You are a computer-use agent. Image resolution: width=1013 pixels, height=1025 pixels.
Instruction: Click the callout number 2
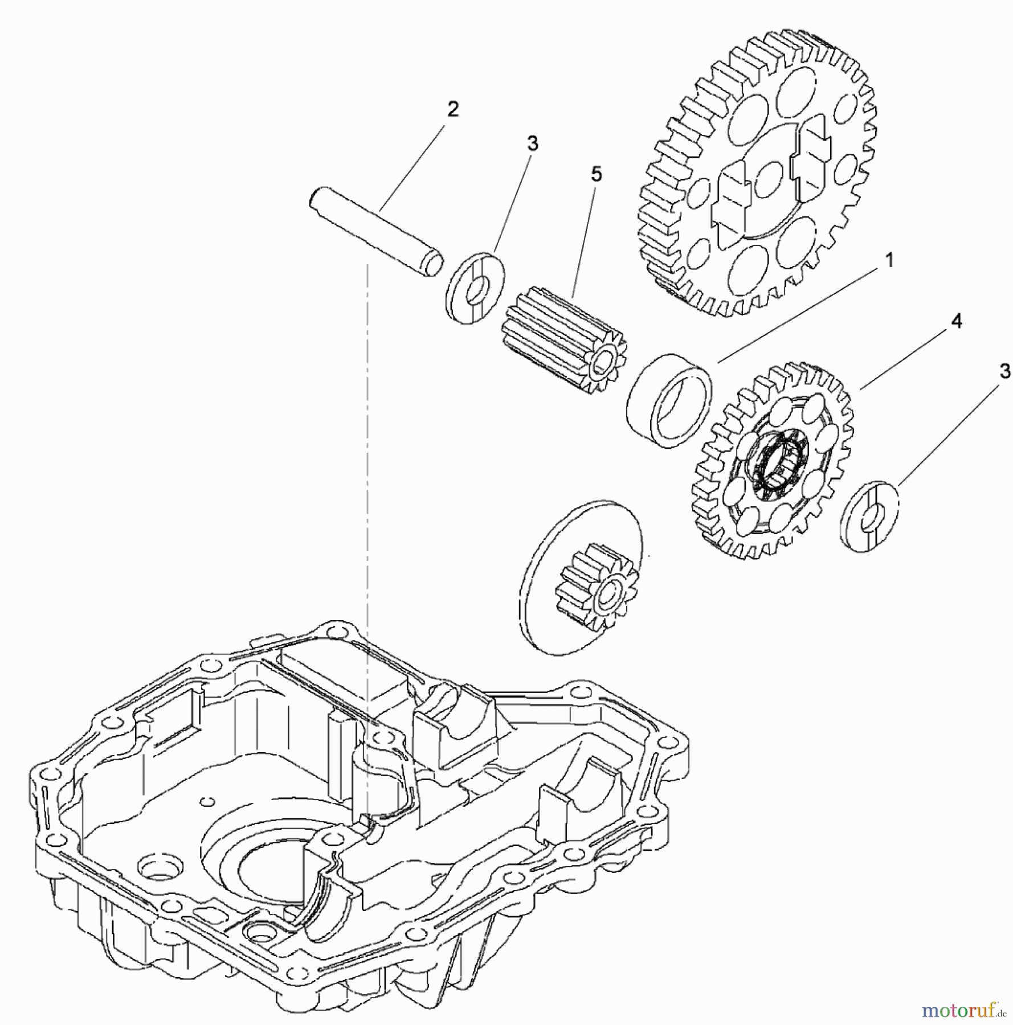pos(452,109)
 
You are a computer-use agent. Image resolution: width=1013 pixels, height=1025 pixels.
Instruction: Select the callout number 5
pos(596,174)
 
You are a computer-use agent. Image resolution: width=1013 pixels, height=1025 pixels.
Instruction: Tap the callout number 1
pos(889,261)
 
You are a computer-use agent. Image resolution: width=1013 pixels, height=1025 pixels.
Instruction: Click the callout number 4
pos(957,321)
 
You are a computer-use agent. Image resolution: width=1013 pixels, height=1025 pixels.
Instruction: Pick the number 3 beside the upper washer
pos(532,143)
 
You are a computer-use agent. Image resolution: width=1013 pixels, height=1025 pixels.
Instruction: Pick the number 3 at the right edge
pos(1005,371)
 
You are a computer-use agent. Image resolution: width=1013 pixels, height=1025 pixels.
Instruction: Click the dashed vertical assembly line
pos(367,456)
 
